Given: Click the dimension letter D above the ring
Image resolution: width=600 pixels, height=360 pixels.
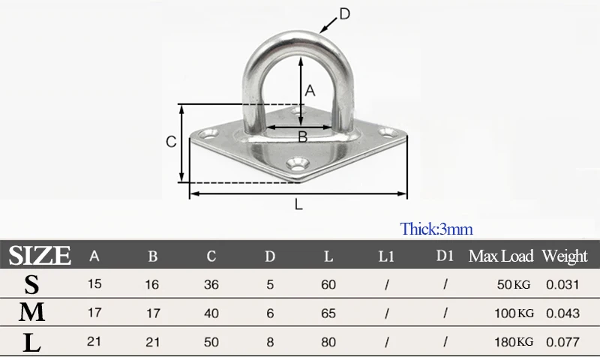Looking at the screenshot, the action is coord(345,14).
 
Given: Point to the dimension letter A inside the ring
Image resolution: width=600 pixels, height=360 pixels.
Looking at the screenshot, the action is coord(310,91).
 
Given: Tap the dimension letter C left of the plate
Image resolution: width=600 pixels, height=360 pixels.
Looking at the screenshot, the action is coord(171,142).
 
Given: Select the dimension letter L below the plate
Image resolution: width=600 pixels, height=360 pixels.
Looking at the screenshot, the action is coord(298,205).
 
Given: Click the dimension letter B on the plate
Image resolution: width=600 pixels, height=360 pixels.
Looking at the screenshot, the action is coord(303,136).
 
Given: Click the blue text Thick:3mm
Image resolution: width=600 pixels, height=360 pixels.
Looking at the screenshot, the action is coord(436,229).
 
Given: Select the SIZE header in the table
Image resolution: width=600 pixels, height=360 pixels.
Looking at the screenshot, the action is coord(40,256).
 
